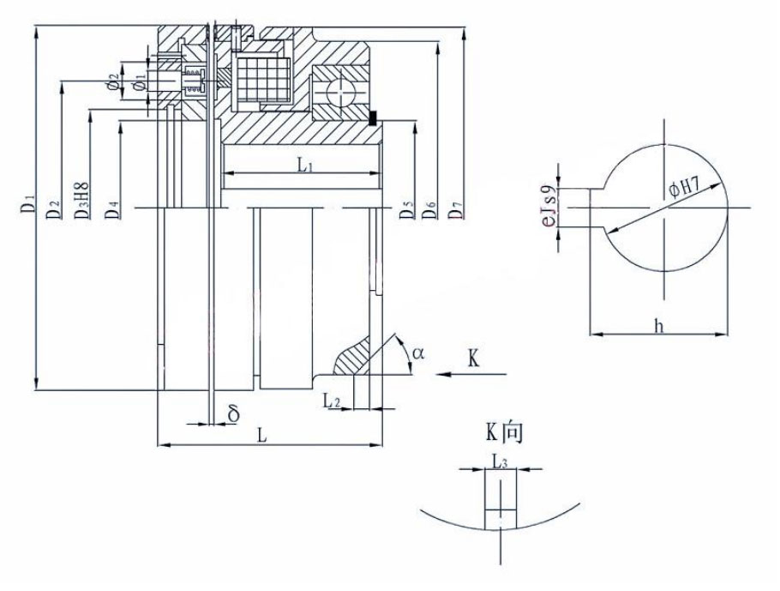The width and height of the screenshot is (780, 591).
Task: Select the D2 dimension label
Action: click(x=53, y=208)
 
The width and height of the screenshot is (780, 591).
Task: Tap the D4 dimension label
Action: click(x=113, y=208)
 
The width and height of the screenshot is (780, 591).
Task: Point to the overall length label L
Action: click(x=263, y=436)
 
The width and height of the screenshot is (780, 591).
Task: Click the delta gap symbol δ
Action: click(x=233, y=414)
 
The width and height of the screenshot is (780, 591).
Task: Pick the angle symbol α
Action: click(x=417, y=353)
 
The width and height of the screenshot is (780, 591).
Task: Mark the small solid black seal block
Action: click(x=374, y=118)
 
